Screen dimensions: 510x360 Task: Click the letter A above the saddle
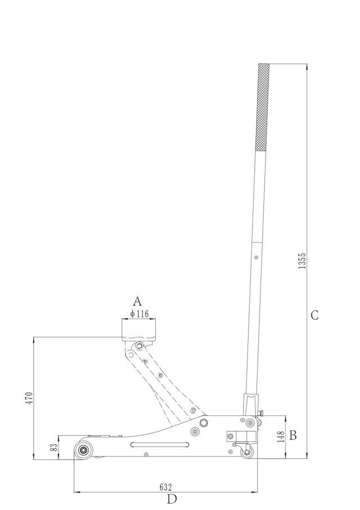(137, 301)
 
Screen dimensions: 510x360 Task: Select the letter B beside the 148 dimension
(292, 435)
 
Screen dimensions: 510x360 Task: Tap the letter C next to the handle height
(314, 315)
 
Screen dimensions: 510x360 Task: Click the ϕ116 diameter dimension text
(139, 314)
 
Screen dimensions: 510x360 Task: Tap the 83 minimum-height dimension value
(54, 448)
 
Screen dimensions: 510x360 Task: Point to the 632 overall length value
(165, 487)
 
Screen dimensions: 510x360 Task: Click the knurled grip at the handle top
(263, 107)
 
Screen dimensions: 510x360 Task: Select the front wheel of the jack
(84, 451)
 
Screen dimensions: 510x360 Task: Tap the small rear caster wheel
(246, 452)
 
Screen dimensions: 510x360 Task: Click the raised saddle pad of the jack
(139, 329)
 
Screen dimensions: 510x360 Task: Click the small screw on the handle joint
(256, 257)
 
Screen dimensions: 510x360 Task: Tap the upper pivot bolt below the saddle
(139, 345)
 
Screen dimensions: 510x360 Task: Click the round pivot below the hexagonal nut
(195, 432)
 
